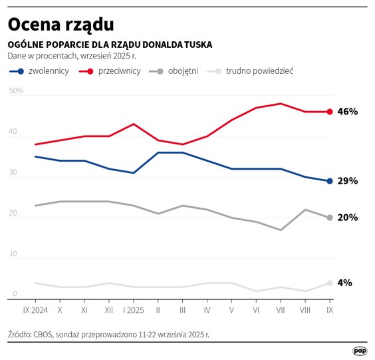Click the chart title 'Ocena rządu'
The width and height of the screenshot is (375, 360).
tap(61, 24)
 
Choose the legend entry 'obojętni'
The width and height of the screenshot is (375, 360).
tap(183, 71)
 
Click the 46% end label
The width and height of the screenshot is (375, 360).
tap(348, 112)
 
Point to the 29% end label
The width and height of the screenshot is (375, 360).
tap(348, 181)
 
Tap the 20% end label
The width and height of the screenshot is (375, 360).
tap(348, 218)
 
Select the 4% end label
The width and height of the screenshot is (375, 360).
tap(345, 283)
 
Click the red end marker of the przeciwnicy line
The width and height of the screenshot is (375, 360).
tap(329, 112)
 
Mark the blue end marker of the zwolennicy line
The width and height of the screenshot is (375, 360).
tap(329, 181)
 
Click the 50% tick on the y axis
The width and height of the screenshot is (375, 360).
tap(17, 90)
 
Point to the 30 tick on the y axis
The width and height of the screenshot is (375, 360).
tap(13, 172)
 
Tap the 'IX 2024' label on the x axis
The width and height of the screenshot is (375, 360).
tap(35, 310)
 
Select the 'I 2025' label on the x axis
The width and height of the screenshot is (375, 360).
tap(134, 310)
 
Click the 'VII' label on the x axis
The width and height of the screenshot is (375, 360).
tap(281, 310)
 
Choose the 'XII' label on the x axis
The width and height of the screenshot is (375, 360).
tap(109, 310)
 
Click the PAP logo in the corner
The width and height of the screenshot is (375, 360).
tap(360, 351)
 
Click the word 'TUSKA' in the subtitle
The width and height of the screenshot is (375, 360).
tap(197, 45)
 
